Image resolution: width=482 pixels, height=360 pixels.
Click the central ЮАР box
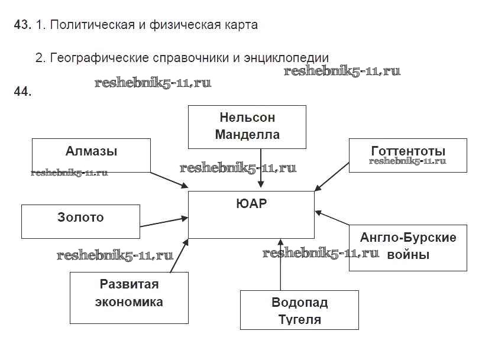[251, 214]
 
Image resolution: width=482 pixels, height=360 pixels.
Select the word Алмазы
[91, 151]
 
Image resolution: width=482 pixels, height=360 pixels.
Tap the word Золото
[80, 218]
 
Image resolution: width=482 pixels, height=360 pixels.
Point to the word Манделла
[247, 134]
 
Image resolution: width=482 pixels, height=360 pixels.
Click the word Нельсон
[247, 117]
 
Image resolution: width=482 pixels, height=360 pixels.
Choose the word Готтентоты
[408, 151]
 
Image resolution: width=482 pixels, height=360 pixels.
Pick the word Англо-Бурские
[408, 238]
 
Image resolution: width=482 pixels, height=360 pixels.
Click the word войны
[408, 255]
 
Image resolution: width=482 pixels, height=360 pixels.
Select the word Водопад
[299, 303]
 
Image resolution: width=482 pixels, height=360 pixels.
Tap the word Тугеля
[299, 320]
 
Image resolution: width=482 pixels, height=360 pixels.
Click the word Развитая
[129, 284]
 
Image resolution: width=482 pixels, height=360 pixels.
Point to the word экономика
[129, 302]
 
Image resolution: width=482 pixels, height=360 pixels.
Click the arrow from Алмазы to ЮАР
[169, 180]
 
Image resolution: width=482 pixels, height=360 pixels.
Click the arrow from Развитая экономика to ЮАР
[180, 255]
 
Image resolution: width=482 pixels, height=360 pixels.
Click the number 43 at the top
[21, 25]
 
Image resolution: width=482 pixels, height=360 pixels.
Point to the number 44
[21, 92]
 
